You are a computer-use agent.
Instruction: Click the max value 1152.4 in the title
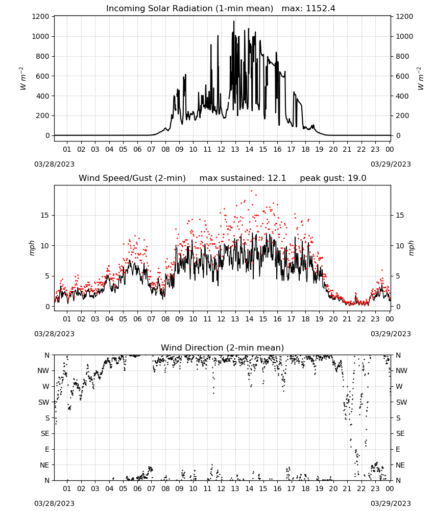coord(320,8)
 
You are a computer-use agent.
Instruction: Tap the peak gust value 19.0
coord(356,178)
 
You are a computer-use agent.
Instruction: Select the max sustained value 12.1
coord(277,178)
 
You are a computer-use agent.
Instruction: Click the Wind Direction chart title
coord(223,347)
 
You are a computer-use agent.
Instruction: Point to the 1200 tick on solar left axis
coord(40,17)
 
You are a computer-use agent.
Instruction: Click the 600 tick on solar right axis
coord(402,76)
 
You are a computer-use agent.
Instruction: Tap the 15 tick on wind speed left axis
coord(45,216)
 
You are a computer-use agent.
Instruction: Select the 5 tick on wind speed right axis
coord(398,276)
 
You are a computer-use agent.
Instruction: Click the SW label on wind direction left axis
coord(44,402)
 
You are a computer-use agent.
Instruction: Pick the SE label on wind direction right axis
coord(400,433)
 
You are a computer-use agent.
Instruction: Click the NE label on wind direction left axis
coord(44,465)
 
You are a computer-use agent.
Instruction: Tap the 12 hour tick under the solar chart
coord(221,149)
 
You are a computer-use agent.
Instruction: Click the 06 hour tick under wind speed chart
coord(137,319)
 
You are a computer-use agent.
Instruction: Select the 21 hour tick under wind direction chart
coord(347,489)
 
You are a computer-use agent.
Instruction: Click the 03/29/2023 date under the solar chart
coord(391,164)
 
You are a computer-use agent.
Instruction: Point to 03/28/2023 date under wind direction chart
coord(54,503)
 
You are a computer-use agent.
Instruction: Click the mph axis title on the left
coord(32,248)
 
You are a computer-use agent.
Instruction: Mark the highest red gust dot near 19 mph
coord(251,191)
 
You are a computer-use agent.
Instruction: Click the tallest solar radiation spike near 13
coord(234,21)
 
